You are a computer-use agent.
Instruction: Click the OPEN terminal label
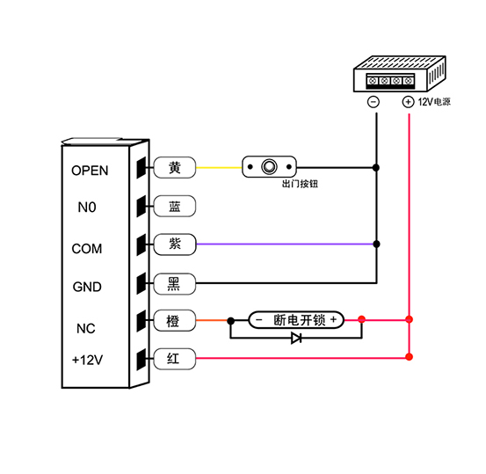(x=90, y=171)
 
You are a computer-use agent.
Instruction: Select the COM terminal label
(x=87, y=249)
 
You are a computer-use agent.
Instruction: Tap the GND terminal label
(x=87, y=287)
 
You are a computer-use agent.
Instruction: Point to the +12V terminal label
(x=87, y=361)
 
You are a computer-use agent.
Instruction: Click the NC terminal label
(x=86, y=329)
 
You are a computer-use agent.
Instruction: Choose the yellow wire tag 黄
(x=175, y=167)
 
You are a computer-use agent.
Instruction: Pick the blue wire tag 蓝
(x=175, y=206)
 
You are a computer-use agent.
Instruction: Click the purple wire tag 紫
(x=175, y=244)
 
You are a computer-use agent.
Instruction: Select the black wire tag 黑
(x=175, y=283)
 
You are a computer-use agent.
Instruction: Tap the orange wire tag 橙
(x=175, y=320)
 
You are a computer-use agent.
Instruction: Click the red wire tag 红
(x=175, y=359)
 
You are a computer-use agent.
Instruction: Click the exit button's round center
(x=269, y=166)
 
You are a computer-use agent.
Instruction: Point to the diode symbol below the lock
(x=296, y=338)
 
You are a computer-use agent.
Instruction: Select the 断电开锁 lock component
(x=296, y=320)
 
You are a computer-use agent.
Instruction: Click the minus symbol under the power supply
(x=374, y=102)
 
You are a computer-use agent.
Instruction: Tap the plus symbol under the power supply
(x=408, y=102)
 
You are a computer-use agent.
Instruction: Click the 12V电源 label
(x=434, y=102)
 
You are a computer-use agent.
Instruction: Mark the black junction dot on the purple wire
(x=377, y=244)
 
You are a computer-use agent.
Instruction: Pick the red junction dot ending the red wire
(x=410, y=357)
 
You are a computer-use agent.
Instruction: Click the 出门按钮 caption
(x=300, y=184)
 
